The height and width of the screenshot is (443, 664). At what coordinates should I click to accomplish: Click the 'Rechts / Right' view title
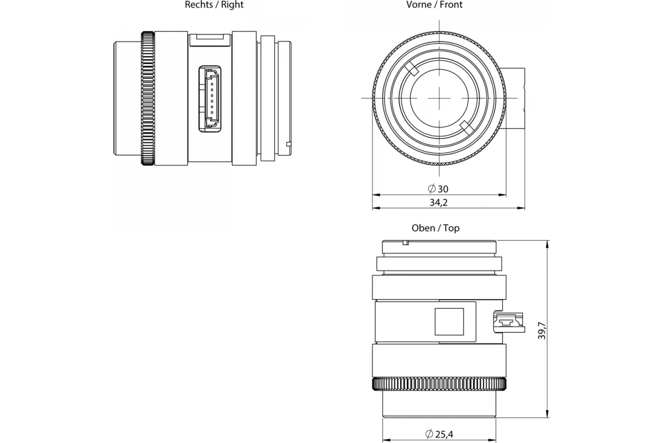click(214, 5)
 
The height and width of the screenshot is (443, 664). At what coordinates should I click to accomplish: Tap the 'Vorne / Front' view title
click(434, 5)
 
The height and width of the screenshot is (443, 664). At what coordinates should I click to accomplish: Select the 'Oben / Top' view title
click(435, 228)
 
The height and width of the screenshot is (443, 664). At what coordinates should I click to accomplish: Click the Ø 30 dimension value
click(438, 189)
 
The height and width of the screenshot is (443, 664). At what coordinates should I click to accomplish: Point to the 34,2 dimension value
click(438, 202)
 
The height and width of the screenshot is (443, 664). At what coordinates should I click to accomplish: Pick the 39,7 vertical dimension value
click(542, 330)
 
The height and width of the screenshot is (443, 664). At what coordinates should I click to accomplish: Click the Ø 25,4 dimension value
click(439, 434)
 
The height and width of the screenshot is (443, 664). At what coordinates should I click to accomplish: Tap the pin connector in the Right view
click(210, 99)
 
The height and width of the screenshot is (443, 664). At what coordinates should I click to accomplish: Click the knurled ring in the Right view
click(148, 98)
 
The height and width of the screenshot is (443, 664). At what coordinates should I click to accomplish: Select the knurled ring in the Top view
click(439, 384)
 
